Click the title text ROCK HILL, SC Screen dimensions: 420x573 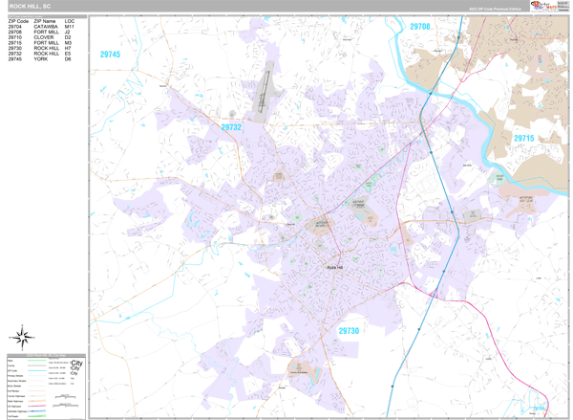(x=30, y=7)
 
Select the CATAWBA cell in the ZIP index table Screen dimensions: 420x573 (x=47, y=26)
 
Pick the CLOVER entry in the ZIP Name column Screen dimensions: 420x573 (x=44, y=37)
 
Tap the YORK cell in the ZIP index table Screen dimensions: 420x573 (x=41, y=59)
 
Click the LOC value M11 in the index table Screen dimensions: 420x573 (x=70, y=26)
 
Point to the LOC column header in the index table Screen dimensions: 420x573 (x=70, y=20)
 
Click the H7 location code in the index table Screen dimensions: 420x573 (x=68, y=48)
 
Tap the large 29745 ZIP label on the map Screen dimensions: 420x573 (x=110, y=55)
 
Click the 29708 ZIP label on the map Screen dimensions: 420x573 (x=420, y=27)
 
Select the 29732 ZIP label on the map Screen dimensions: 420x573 (x=231, y=127)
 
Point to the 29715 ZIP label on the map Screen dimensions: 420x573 (x=523, y=139)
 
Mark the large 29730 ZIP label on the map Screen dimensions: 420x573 (x=349, y=330)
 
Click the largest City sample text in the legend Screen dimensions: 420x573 (x=77, y=364)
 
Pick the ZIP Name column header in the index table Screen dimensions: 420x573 (x=45, y=20)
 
